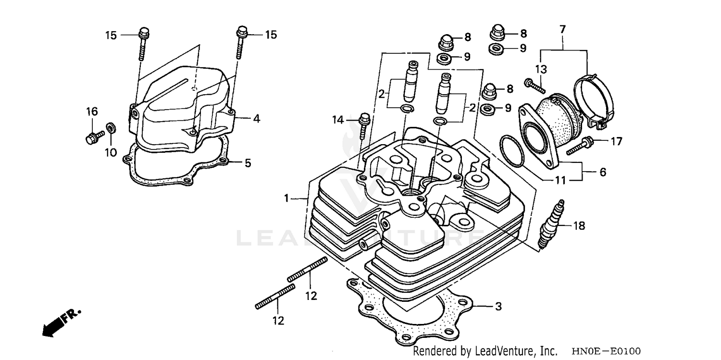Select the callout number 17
(616, 141)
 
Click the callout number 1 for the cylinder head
(286, 198)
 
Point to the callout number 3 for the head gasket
(498, 306)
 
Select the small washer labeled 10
(110, 127)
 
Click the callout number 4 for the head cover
(257, 118)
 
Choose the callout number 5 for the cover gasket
(248, 163)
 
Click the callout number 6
(602, 172)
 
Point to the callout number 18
(579, 225)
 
